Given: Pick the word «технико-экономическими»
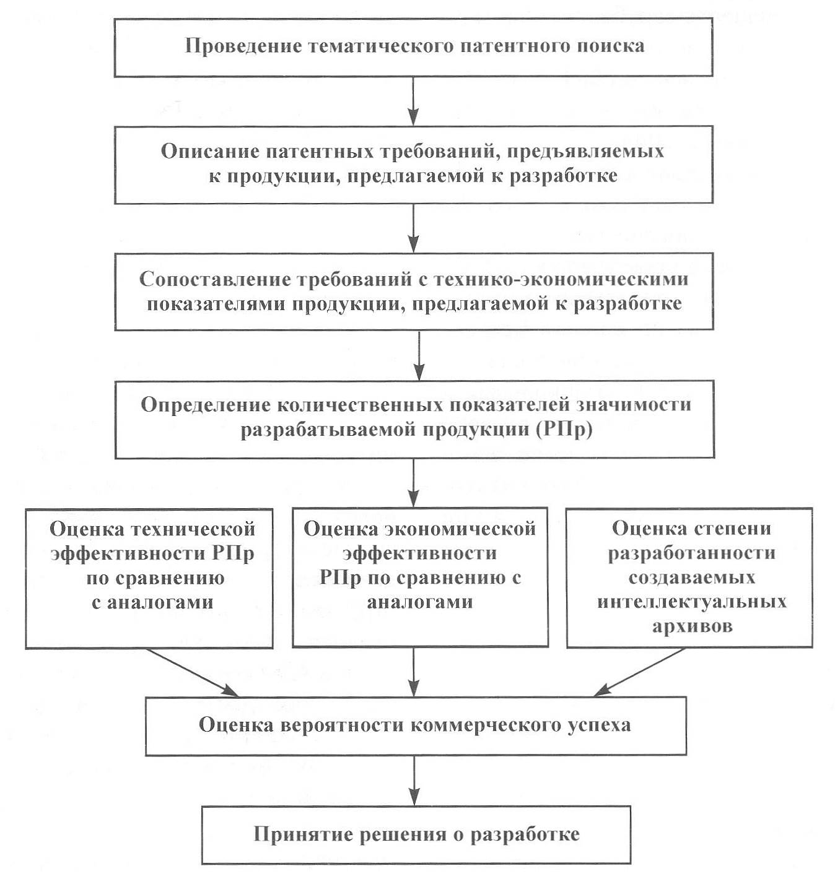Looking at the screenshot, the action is coord(562,279).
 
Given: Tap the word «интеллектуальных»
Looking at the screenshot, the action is coord(692,602).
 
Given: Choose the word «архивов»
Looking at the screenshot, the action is coord(693,626).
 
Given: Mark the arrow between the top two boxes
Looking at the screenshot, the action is coord(413,102).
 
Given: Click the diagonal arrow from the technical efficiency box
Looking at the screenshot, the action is coord(193,672).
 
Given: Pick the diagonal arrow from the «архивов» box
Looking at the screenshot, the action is coord(639,672).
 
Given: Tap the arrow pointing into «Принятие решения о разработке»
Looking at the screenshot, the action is coord(414,781).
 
